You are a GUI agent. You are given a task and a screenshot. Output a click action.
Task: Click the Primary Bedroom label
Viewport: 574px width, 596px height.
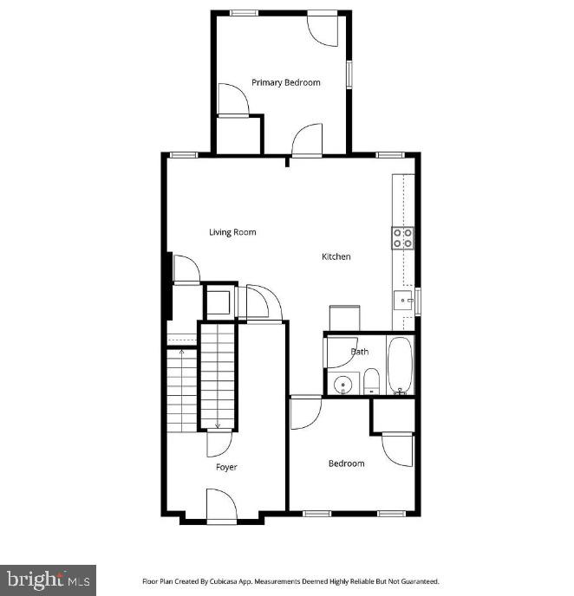pyautogui.click(x=285, y=83)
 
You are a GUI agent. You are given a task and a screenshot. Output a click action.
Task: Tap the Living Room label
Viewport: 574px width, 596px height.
pyautogui.click(x=232, y=232)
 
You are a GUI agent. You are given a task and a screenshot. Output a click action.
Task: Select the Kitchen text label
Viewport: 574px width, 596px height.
pyautogui.click(x=336, y=256)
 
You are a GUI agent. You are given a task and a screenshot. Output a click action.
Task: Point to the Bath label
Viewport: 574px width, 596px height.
pyautogui.click(x=360, y=352)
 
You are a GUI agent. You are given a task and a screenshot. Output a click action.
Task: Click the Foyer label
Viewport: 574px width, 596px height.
pyautogui.click(x=226, y=467)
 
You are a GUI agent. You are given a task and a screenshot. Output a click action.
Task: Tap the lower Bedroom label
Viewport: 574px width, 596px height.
pyautogui.click(x=346, y=463)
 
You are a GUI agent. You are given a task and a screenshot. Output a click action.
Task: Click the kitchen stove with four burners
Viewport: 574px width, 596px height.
pyautogui.click(x=402, y=237)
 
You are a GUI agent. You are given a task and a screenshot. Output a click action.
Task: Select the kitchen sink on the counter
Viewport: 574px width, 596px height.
pyautogui.click(x=404, y=301)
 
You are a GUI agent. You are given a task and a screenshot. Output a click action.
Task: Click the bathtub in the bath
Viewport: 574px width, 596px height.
pyautogui.click(x=400, y=366)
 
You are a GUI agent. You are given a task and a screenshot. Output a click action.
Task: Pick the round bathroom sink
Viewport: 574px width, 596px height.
pyautogui.click(x=343, y=384)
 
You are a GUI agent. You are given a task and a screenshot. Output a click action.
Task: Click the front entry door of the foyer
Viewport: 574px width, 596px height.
pyautogui.click(x=220, y=507)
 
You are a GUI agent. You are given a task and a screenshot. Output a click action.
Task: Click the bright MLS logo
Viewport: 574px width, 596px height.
pyautogui.click(x=48, y=580)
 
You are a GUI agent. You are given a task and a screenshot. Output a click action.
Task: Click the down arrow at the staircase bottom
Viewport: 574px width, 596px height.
pyautogui.click(x=218, y=424)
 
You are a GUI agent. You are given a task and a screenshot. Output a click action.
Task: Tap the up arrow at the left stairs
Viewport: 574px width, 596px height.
pyautogui.click(x=181, y=352)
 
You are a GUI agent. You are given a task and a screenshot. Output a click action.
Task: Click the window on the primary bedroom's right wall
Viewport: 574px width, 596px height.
pyautogui.click(x=349, y=73)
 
